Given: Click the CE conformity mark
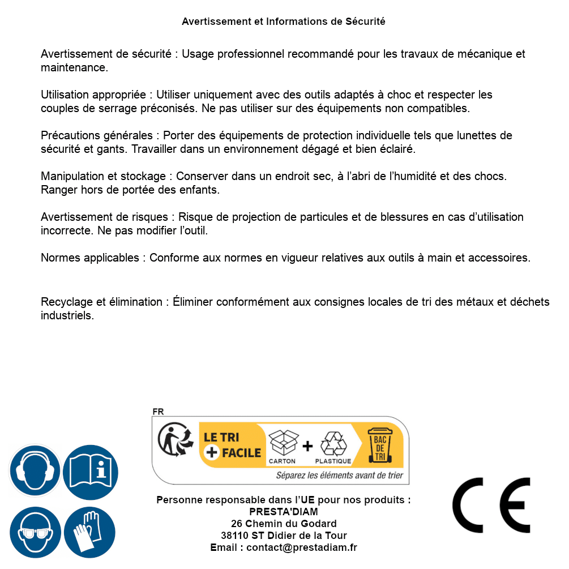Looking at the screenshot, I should tap(491, 505).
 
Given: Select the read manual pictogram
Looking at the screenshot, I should tap(91, 470).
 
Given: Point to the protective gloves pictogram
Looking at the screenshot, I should tap(91, 532).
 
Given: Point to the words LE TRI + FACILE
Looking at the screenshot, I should tap(232, 445).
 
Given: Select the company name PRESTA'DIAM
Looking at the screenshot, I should tap(284, 512).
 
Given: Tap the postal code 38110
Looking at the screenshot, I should tap(234, 536).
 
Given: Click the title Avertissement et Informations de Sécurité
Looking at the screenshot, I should tap(284, 22).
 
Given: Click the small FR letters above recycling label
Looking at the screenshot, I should tap(158, 412).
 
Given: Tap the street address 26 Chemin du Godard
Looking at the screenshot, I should tap(284, 524).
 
